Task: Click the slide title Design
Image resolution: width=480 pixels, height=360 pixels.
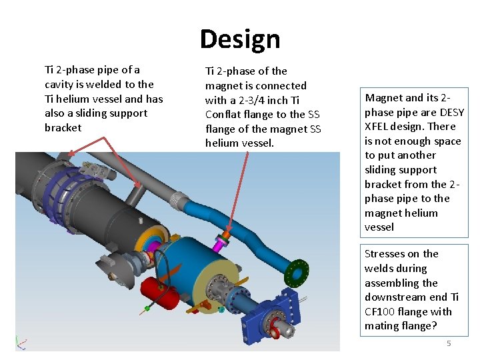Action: (x=240, y=39)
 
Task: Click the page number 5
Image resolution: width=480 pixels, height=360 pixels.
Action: (x=449, y=343)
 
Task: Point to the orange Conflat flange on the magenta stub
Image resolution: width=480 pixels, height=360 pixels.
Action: (x=226, y=235)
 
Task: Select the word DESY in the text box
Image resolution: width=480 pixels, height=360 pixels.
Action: (x=452, y=112)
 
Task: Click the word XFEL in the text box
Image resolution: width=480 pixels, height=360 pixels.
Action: (x=377, y=127)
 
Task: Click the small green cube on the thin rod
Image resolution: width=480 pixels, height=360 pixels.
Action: (x=147, y=309)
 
